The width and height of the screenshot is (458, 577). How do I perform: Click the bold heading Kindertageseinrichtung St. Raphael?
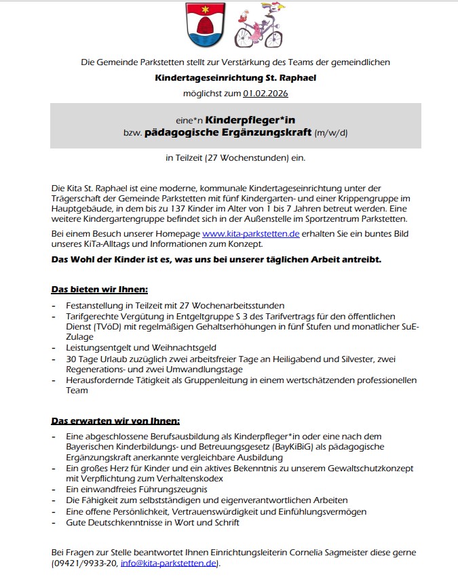(x=235, y=78)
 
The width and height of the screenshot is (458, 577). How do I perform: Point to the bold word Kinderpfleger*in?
(x=250, y=120)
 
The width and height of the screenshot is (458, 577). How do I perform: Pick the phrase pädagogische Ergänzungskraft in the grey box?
(x=227, y=132)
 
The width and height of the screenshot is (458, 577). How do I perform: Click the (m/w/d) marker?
(x=331, y=133)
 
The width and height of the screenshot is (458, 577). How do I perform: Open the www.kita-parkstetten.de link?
(x=251, y=234)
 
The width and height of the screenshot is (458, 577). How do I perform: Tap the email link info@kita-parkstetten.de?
(x=169, y=563)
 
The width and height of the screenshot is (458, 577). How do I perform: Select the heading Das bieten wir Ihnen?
(x=94, y=290)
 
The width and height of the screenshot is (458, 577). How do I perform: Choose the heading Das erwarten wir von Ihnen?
(x=115, y=421)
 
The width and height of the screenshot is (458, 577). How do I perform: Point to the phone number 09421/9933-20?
(x=85, y=563)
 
